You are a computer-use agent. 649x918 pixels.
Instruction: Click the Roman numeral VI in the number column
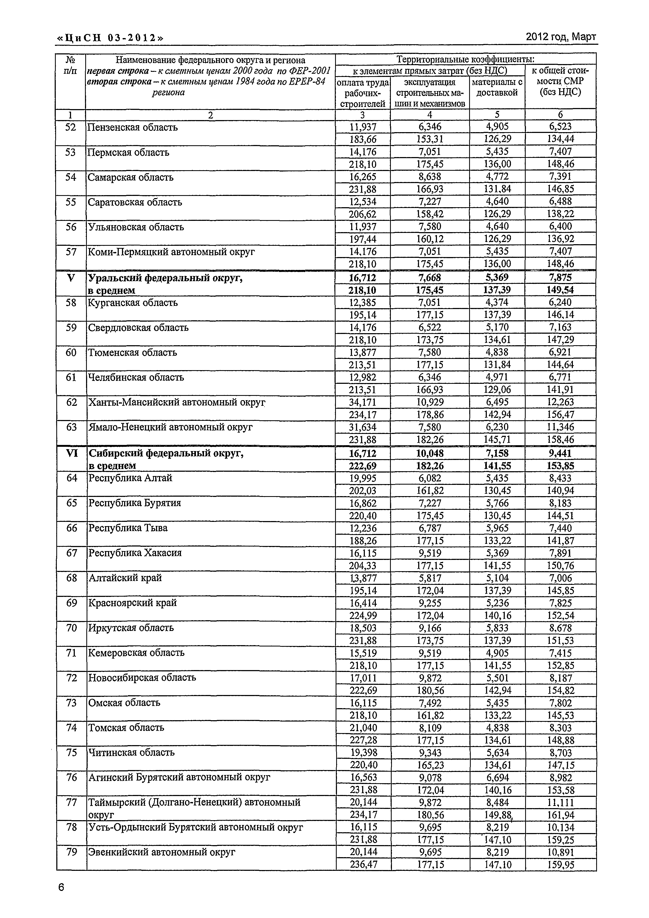(x=72, y=453)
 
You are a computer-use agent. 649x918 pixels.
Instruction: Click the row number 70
(x=71, y=628)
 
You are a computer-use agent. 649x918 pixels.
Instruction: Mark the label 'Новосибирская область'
(x=142, y=678)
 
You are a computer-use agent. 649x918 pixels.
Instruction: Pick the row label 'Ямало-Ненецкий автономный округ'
(x=170, y=427)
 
